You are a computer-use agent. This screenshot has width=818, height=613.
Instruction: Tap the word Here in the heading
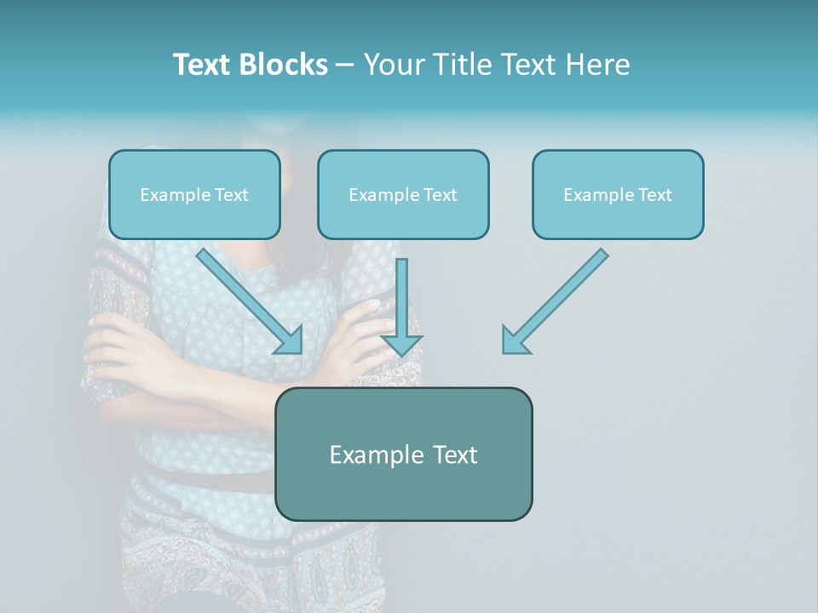pos(599,65)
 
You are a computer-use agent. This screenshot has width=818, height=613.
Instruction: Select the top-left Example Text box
pos(194,194)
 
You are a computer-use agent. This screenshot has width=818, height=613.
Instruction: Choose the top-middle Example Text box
pos(403,194)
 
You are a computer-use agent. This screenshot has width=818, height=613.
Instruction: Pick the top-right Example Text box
pos(618,194)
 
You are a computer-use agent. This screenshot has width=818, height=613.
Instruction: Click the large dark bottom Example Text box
pos(403,454)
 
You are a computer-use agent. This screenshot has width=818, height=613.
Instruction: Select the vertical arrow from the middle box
pos(401,298)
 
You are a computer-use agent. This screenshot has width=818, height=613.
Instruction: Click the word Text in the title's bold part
pos(203,65)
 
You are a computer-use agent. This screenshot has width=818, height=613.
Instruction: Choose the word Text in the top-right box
pos(655,194)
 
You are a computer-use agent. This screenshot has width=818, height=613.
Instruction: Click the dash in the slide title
pos(345,65)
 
